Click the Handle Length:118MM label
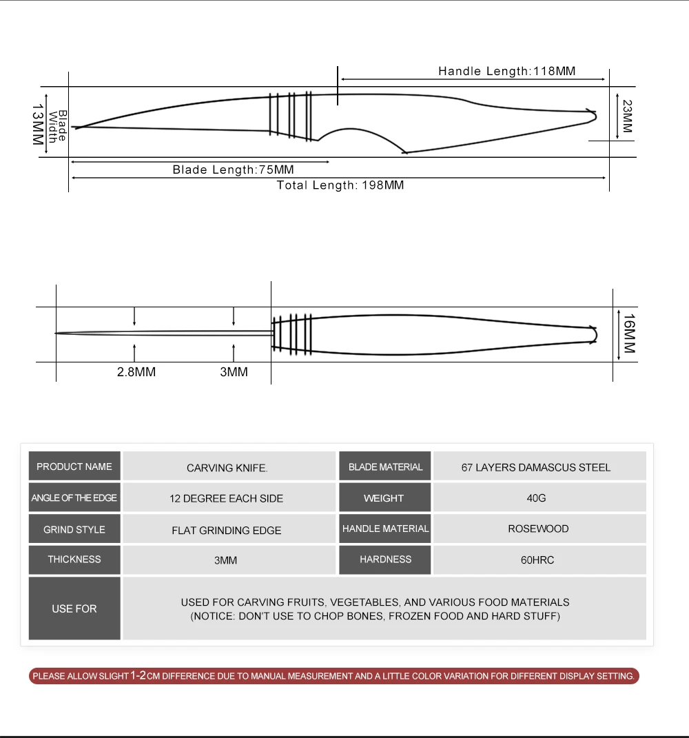[506, 71]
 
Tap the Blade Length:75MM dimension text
[233, 170]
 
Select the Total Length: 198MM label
[340, 185]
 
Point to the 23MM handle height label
[627, 117]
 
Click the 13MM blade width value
[38, 124]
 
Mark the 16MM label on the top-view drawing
[628, 334]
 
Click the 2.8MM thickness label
[136, 372]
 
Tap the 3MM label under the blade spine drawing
[234, 372]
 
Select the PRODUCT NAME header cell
[74, 467]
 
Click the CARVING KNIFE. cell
[227, 468]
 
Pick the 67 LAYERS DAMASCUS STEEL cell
[535, 467]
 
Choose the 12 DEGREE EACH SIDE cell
[227, 498]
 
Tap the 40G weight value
[536, 498]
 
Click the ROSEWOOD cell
[538, 529]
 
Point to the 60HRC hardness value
[537, 560]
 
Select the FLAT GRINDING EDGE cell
[227, 530]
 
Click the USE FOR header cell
[74, 608]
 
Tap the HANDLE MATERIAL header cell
[385, 529]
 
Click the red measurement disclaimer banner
[334, 676]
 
